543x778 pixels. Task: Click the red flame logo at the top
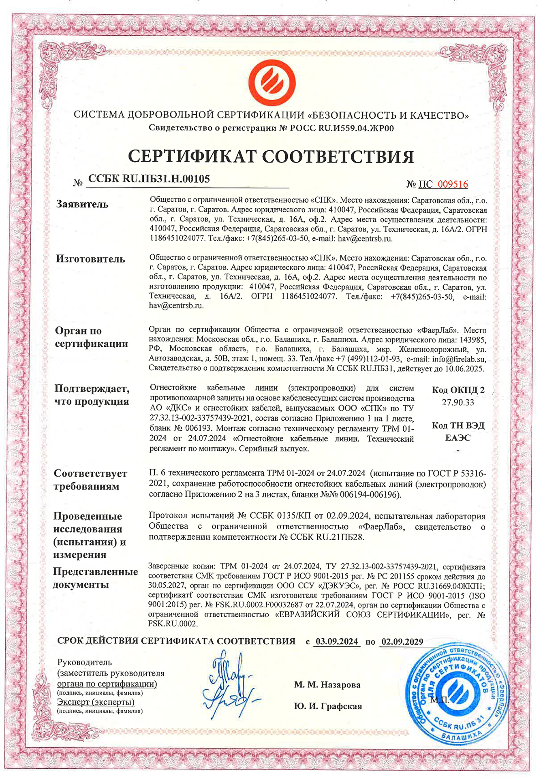pos(271,83)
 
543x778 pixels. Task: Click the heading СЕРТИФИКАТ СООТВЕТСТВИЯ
pos(271,156)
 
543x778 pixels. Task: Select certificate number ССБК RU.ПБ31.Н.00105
pos(149,179)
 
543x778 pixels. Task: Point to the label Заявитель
pos(82,204)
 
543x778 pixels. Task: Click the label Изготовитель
pos(90,259)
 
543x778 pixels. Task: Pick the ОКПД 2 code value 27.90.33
pos(458,402)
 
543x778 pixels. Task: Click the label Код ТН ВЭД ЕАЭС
pos(458,432)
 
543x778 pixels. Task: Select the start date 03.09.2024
pos(337,641)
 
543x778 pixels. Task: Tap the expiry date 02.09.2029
pos(402,641)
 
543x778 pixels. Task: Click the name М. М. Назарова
pos(327,685)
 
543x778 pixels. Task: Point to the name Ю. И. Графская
pos(328,706)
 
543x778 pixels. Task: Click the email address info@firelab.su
pos(459,359)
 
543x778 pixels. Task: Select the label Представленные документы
pos(95,578)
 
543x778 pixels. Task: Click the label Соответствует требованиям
pos(90,480)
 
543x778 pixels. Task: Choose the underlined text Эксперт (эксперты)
pos(96,702)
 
